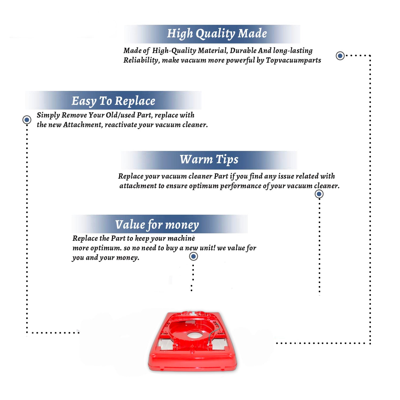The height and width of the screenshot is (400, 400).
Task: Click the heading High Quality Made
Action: (217, 34)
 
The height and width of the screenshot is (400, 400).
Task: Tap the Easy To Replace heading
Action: (113, 101)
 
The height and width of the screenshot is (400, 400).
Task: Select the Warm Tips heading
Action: (209, 160)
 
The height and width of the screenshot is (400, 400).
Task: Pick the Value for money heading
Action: (157, 225)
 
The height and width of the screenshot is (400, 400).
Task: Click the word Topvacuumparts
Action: (293, 61)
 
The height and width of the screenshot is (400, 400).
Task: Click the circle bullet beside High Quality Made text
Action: (340, 56)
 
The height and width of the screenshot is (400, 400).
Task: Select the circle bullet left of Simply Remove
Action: (27, 120)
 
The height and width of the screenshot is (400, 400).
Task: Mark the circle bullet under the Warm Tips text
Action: (319, 194)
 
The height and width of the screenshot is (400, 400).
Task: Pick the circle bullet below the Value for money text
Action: (193, 257)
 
